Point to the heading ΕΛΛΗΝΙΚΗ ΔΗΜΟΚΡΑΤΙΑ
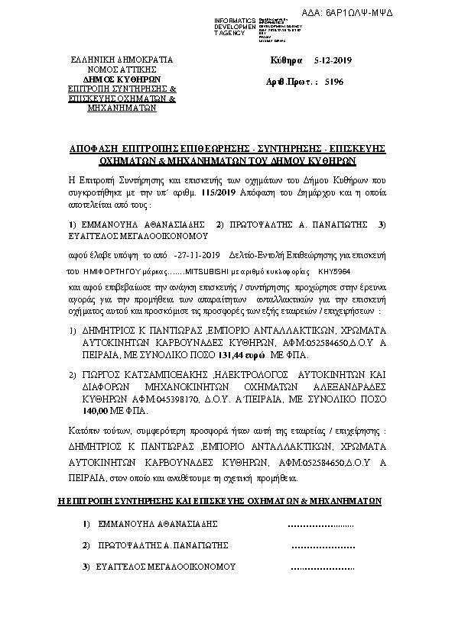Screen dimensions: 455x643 coord(122,59)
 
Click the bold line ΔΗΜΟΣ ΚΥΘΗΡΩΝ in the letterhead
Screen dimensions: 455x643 coord(122,79)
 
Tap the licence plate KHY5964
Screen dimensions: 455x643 coord(337,271)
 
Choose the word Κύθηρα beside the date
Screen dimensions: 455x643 coord(287,60)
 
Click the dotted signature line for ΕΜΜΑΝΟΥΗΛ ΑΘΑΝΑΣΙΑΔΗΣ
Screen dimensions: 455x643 coord(320,525)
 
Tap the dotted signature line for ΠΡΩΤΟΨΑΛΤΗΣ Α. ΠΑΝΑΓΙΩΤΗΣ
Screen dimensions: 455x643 coord(323,546)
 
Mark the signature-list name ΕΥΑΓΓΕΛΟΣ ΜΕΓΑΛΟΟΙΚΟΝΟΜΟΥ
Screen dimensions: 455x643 coord(163,567)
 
